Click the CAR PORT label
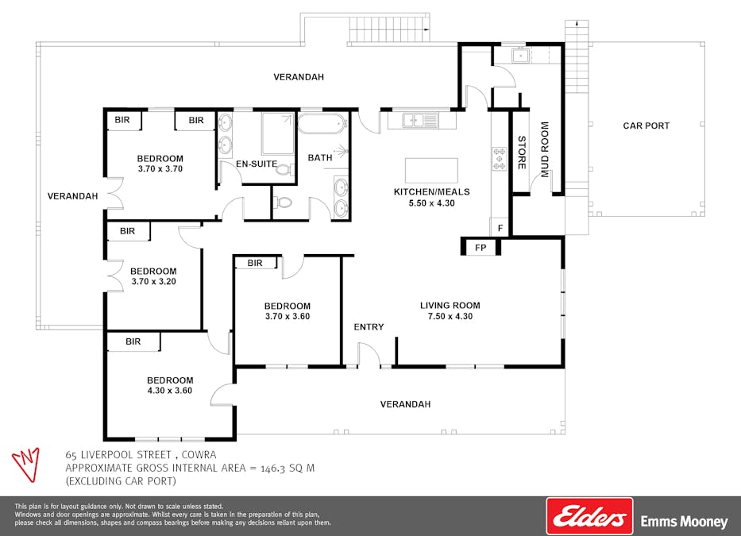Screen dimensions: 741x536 (646, 125)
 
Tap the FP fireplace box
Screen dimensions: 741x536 (480, 247)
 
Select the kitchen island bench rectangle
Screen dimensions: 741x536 (431, 171)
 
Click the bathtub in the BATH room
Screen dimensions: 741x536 (321, 124)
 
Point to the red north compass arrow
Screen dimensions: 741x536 (26, 465)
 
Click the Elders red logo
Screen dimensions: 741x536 (589, 516)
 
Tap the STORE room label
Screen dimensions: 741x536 (522, 152)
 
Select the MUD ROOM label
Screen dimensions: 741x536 (545, 149)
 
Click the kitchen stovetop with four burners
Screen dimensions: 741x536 (500, 159)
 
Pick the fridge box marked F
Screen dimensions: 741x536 (500, 228)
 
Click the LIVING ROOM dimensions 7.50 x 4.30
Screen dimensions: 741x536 (450, 316)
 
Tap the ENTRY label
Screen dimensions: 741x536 (369, 326)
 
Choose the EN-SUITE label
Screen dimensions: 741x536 (257, 164)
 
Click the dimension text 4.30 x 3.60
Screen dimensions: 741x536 (170, 391)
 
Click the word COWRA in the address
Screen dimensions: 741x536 (199, 455)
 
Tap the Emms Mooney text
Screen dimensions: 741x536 (685, 522)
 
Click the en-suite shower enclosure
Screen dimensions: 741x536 (278, 133)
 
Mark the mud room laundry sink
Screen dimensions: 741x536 (520, 56)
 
